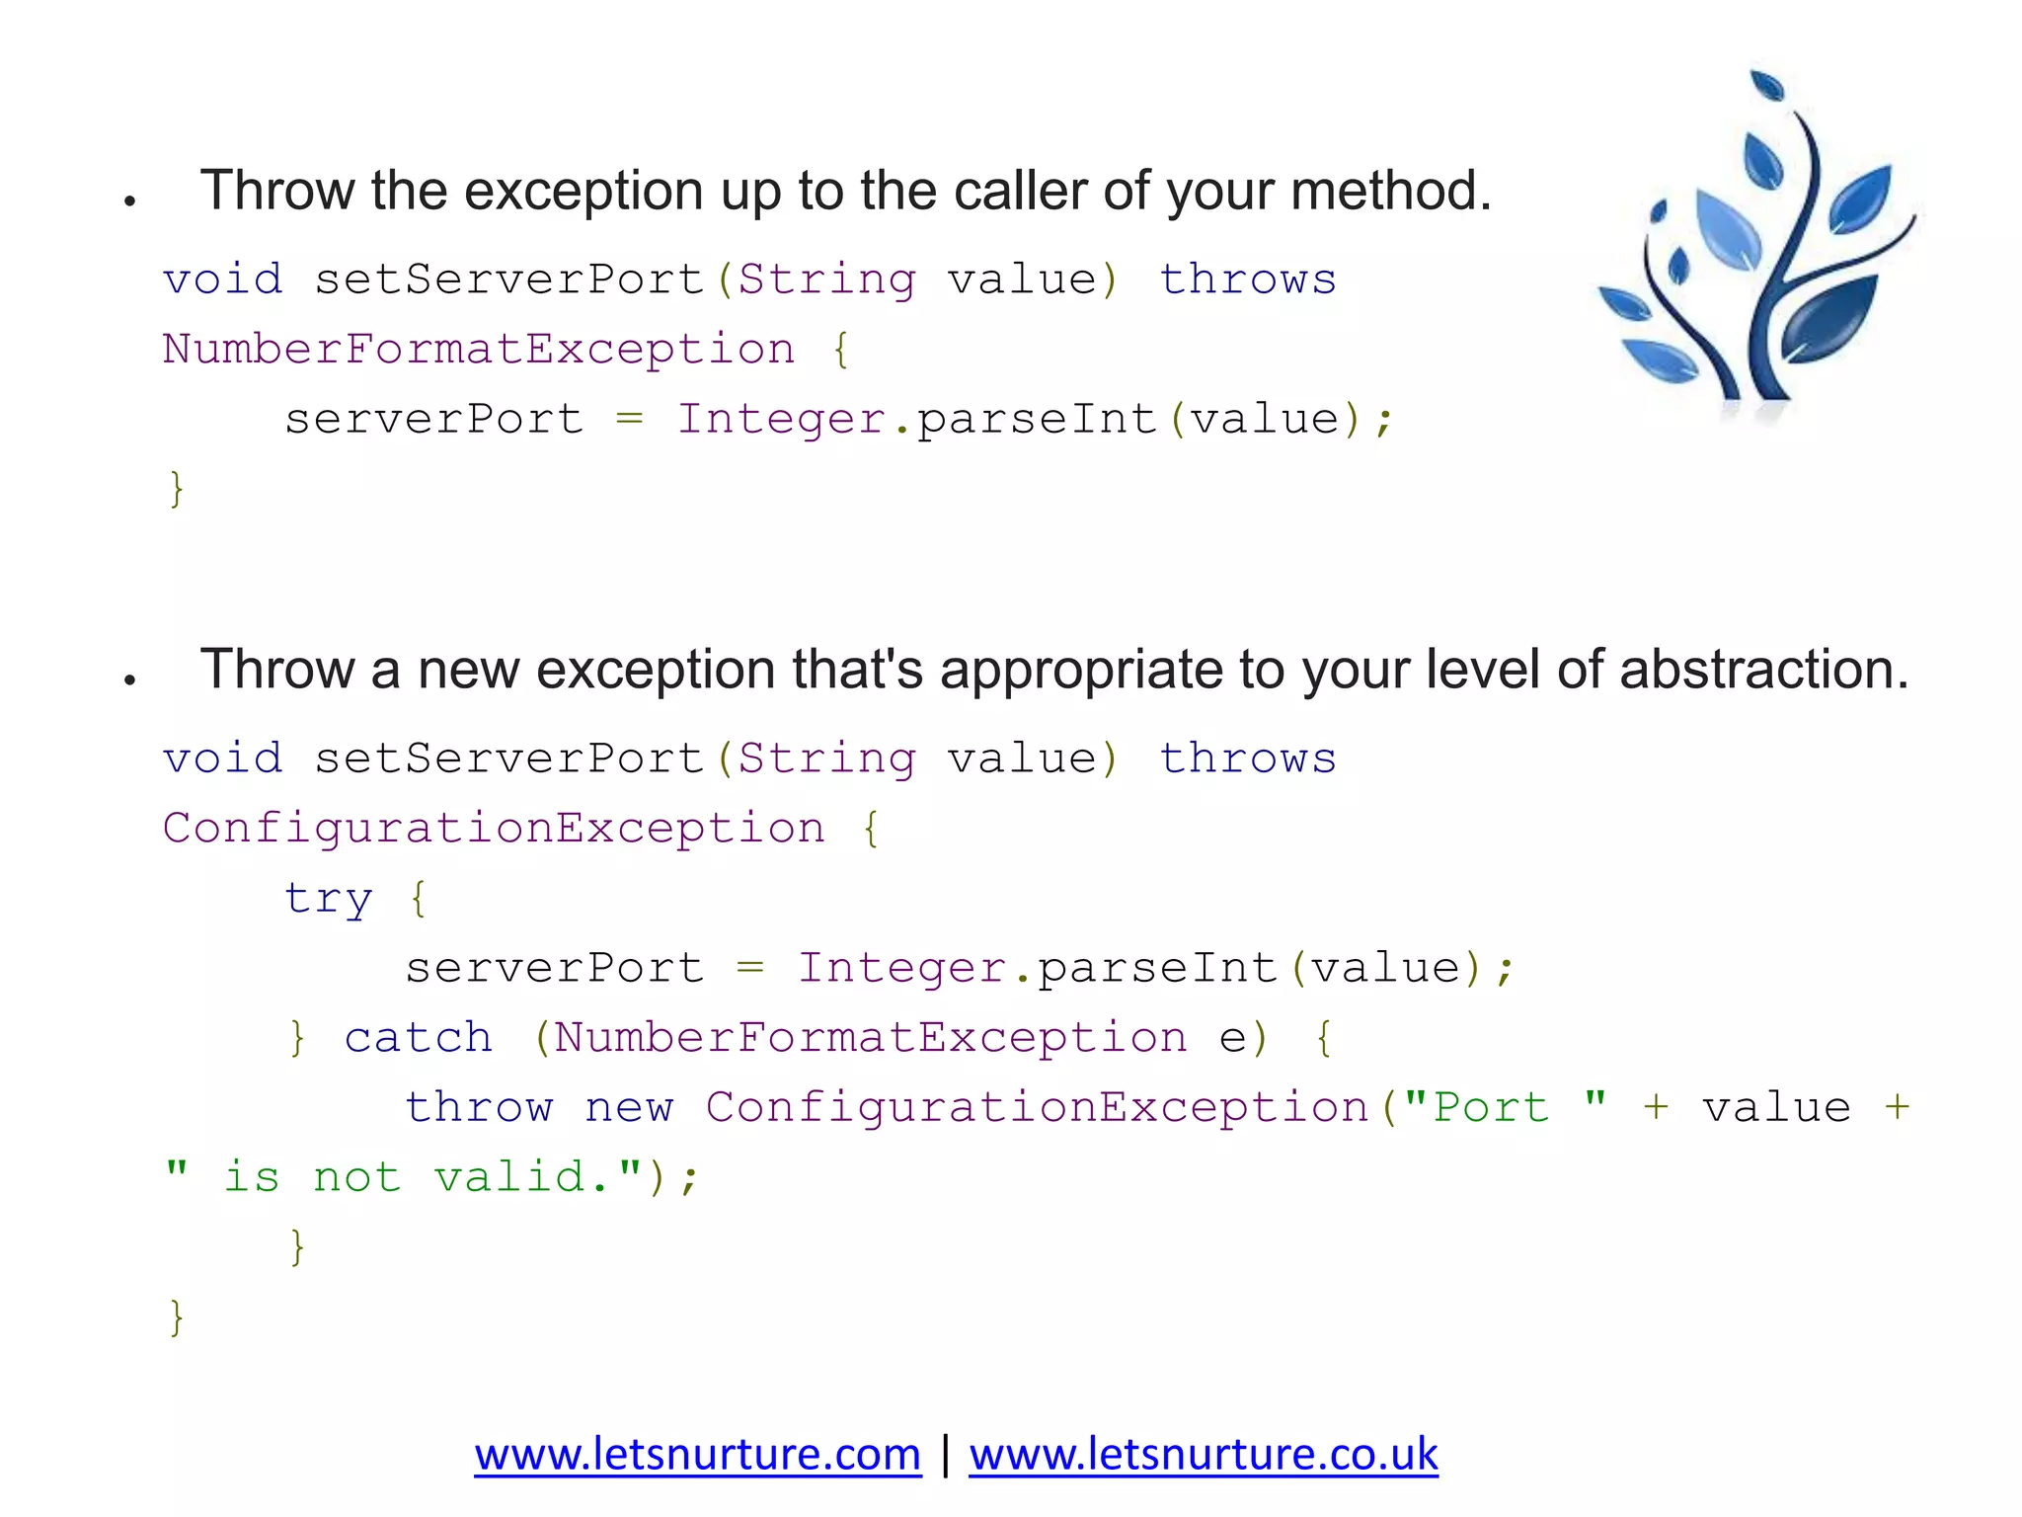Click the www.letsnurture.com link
(697, 1455)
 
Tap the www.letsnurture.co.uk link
(1203, 1455)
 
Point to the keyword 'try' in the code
(329, 899)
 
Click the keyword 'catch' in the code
(418, 1038)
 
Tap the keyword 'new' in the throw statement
(629, 1107)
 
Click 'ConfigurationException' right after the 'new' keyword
(1037, 1107)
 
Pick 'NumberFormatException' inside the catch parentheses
(870, 1038)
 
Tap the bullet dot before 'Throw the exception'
(129, 201)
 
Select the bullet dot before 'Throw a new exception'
(129, 679)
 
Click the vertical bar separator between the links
(945, 1455)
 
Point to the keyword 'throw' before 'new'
(479, 1107)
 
